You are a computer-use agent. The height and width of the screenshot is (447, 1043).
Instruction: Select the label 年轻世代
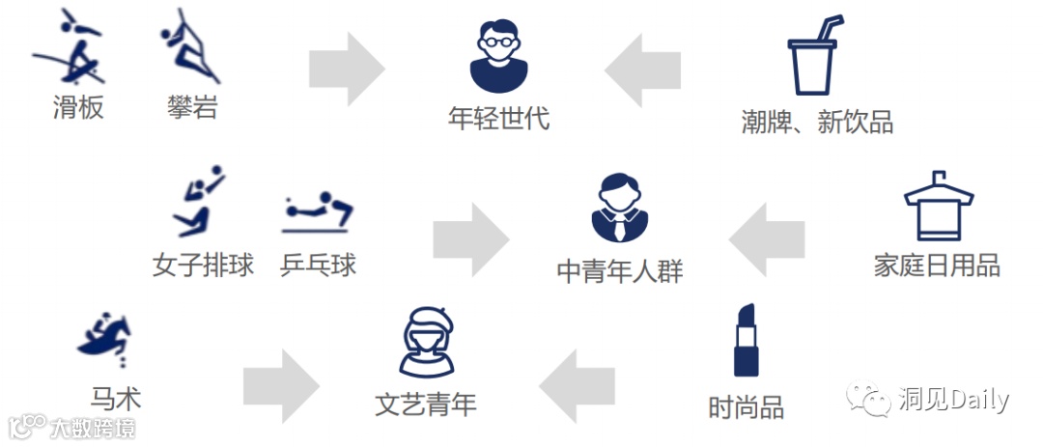(x=498, y=118)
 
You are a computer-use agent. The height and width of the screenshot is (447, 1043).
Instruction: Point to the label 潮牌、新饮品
(x=816, y=122)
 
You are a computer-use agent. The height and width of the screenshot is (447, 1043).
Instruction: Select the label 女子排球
(x=203, y=265)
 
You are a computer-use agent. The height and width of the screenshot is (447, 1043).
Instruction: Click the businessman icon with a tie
(x=620, y=209)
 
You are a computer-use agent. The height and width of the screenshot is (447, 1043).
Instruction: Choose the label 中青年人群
(x=620, y=271)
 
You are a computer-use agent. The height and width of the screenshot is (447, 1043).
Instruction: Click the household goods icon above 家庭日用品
(x=936, y=206)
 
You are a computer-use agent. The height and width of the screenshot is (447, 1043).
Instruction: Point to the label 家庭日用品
(x=936, y=265)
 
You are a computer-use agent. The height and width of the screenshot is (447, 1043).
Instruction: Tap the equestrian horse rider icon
(x=105, y=339)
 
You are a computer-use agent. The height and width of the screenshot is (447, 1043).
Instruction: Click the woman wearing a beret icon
(x=426, y=341)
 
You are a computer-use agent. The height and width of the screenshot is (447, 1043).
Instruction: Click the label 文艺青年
(x=426, y=403)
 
